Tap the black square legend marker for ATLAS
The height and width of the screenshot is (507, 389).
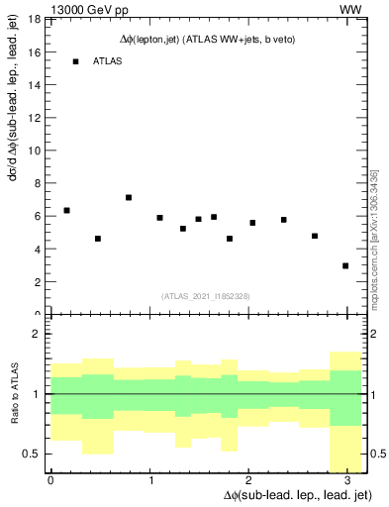point(75,61)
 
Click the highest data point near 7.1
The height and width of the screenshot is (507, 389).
point(129,197)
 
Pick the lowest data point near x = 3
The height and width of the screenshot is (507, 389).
point(345,265)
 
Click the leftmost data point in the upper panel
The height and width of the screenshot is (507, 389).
point(66,210)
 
